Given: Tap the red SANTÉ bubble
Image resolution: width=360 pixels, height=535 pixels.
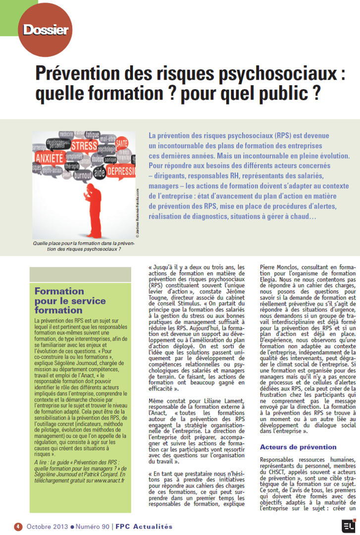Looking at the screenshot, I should [x=121, y=143].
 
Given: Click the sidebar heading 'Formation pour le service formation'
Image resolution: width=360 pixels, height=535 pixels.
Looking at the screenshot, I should [x=70, y=301].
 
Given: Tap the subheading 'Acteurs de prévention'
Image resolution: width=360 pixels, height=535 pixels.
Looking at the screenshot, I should [x=291, y=447].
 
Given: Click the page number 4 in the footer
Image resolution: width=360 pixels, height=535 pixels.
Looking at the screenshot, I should [x=18, y=526].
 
